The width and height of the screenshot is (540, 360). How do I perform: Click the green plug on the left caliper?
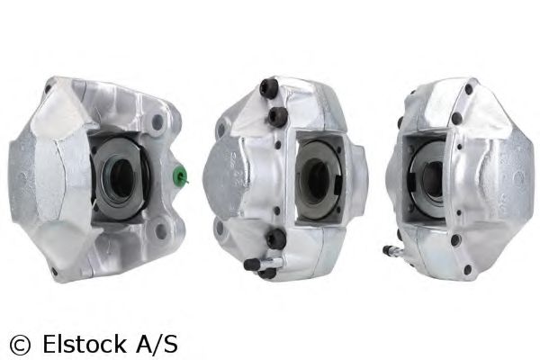pyautogui.click(x=180, y=175)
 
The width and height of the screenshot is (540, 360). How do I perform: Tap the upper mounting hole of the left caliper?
pyautogui.click(x=157, y=122)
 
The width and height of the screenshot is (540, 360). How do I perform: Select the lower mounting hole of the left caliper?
pyautogui.click(x=161, y=231)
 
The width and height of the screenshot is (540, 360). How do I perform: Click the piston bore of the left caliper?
pyautogui.click(x=121, y=178)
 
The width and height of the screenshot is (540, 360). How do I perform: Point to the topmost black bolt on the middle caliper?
pyautogui.click(x=269, y=88)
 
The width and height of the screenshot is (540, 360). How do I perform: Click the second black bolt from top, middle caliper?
pyautogui.click(x=277, y=116)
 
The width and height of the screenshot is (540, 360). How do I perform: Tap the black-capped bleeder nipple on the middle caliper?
pyautogui.click(x=252, y=264)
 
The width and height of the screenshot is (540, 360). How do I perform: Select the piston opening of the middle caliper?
pyautogui.click(x=317, y=180)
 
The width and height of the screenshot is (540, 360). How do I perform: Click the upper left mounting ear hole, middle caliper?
pyautogui.click(x=221, y=130)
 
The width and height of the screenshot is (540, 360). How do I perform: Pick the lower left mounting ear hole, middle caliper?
pyautogui.click(x=220, y=228)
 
